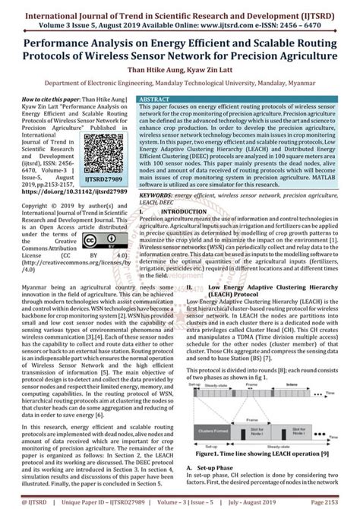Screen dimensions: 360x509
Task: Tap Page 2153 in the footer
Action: [334, 501]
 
